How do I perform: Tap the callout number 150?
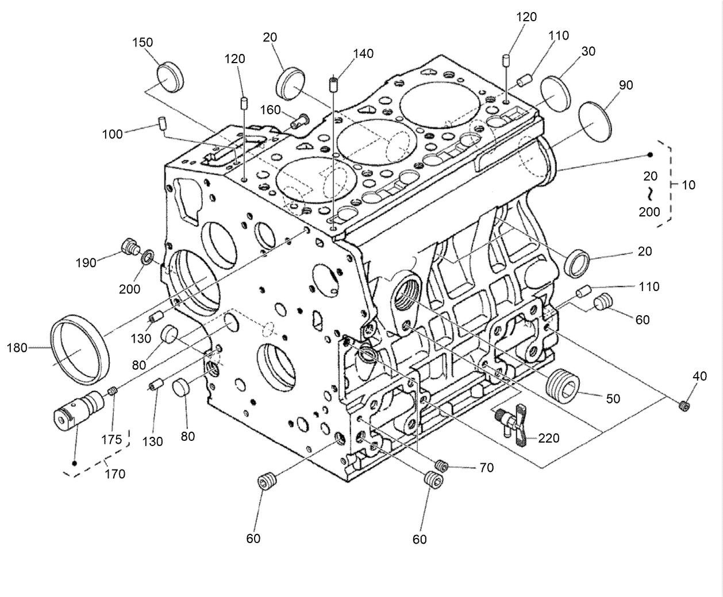coord(143,43)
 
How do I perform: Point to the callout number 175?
coord(112,440)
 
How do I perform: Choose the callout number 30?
coord(588,52)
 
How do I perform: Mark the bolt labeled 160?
coord(300,121)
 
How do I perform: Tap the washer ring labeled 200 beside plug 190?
coord(147,255)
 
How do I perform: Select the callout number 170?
coord(116,474)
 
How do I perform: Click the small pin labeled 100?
coord(163,123)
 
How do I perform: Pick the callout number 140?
coord(363,54)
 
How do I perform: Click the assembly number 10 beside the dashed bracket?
coord(688,185)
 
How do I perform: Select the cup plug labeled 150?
coord(170,76)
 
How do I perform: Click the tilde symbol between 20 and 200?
coord(649,193)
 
